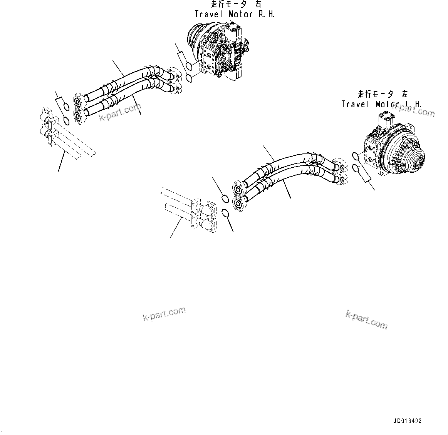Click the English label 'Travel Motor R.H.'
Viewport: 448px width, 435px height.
pos(235,14)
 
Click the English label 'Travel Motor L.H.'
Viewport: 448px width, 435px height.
pos(381,104)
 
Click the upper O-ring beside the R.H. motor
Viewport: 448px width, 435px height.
pos(188,66)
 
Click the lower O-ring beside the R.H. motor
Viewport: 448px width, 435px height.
pos(190,78)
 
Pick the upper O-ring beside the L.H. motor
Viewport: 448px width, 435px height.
pos(356,156)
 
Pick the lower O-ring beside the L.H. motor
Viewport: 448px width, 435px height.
pos(357,168)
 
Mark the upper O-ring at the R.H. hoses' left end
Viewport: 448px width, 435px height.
pos(66,108)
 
